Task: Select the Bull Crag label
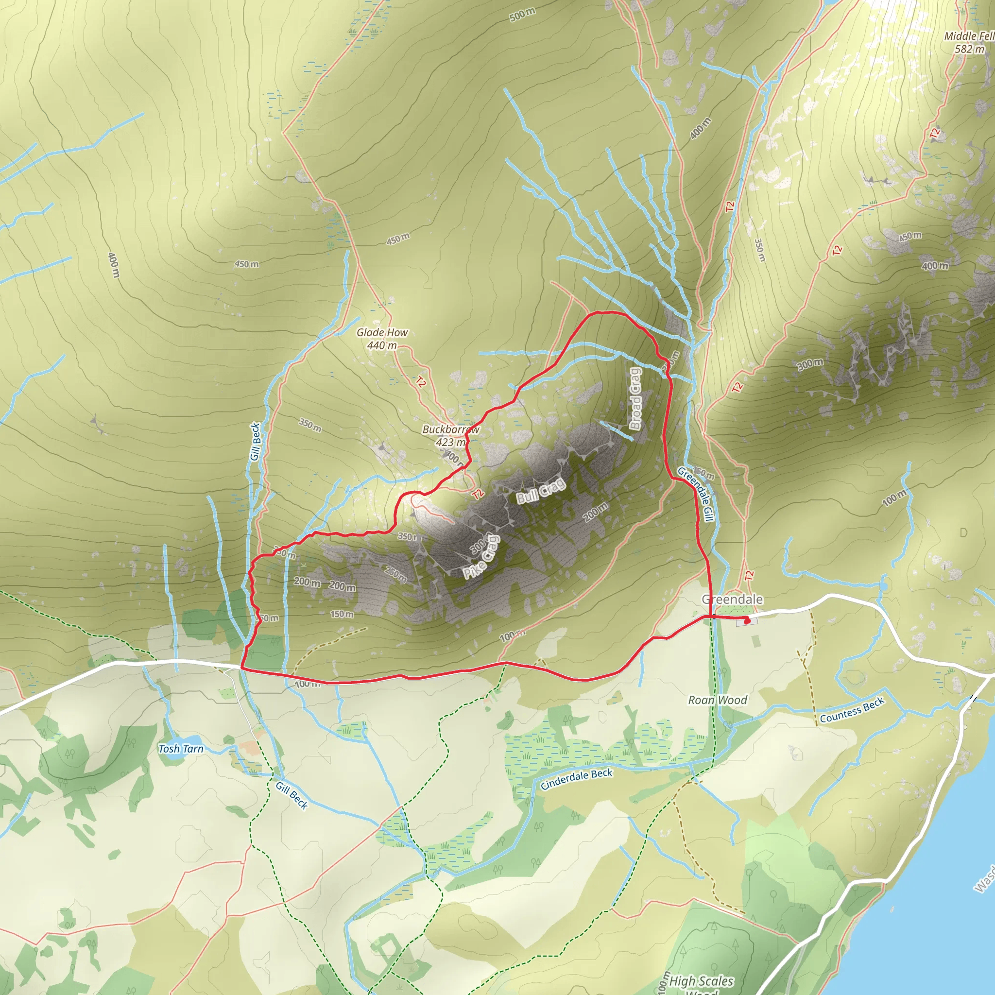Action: coord(541,491)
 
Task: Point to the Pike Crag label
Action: coord(481,557)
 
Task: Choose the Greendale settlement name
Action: coord(732,600)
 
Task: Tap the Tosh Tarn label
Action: coord(181,749)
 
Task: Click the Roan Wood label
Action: coord(718,700)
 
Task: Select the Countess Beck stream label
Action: coord(852,710)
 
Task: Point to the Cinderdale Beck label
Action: coord(576,779)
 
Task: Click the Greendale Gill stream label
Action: coord(703,494)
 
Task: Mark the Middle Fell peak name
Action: coord(969,36)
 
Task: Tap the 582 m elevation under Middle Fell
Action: coord(969,50)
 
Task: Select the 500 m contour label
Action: coord(522,15)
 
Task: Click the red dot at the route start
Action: coord(747,621)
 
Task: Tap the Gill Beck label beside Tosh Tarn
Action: coord(292,796)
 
